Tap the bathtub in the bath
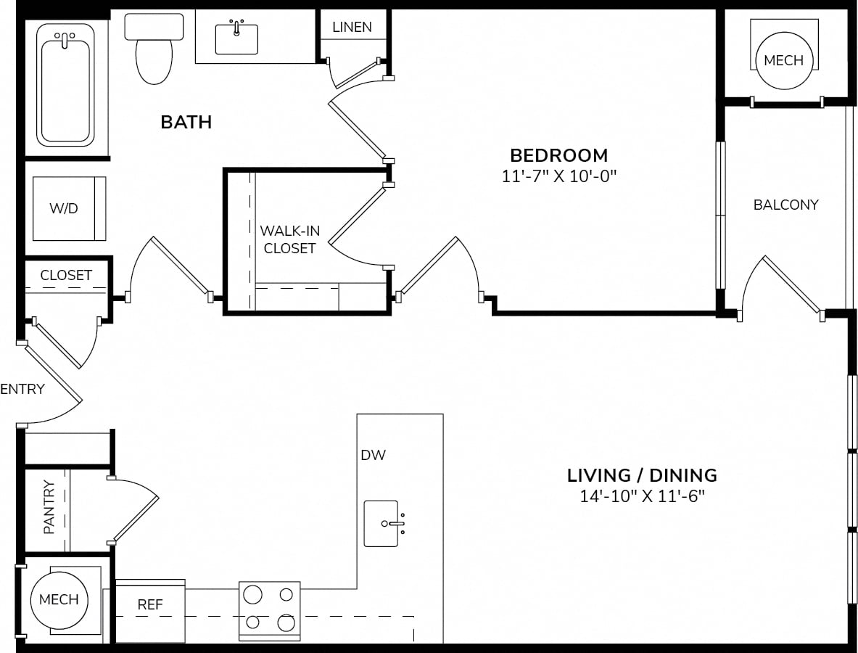point(65,85)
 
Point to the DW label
point(374,455)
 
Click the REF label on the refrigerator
point(150,604)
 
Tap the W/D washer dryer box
point(69,208)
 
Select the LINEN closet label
point(352,27)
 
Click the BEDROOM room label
point(558,155)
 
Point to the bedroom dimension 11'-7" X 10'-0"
point(558,176)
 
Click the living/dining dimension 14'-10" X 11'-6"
point(642,496)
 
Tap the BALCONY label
point(785,205)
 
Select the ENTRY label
point(22,389)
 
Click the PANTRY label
point(49,507)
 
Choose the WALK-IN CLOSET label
point(289,239)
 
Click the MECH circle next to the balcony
point(783,60)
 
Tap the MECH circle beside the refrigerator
point(59,600)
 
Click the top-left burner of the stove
point(252,594)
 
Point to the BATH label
point(186,122)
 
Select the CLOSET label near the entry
point(66,275)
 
